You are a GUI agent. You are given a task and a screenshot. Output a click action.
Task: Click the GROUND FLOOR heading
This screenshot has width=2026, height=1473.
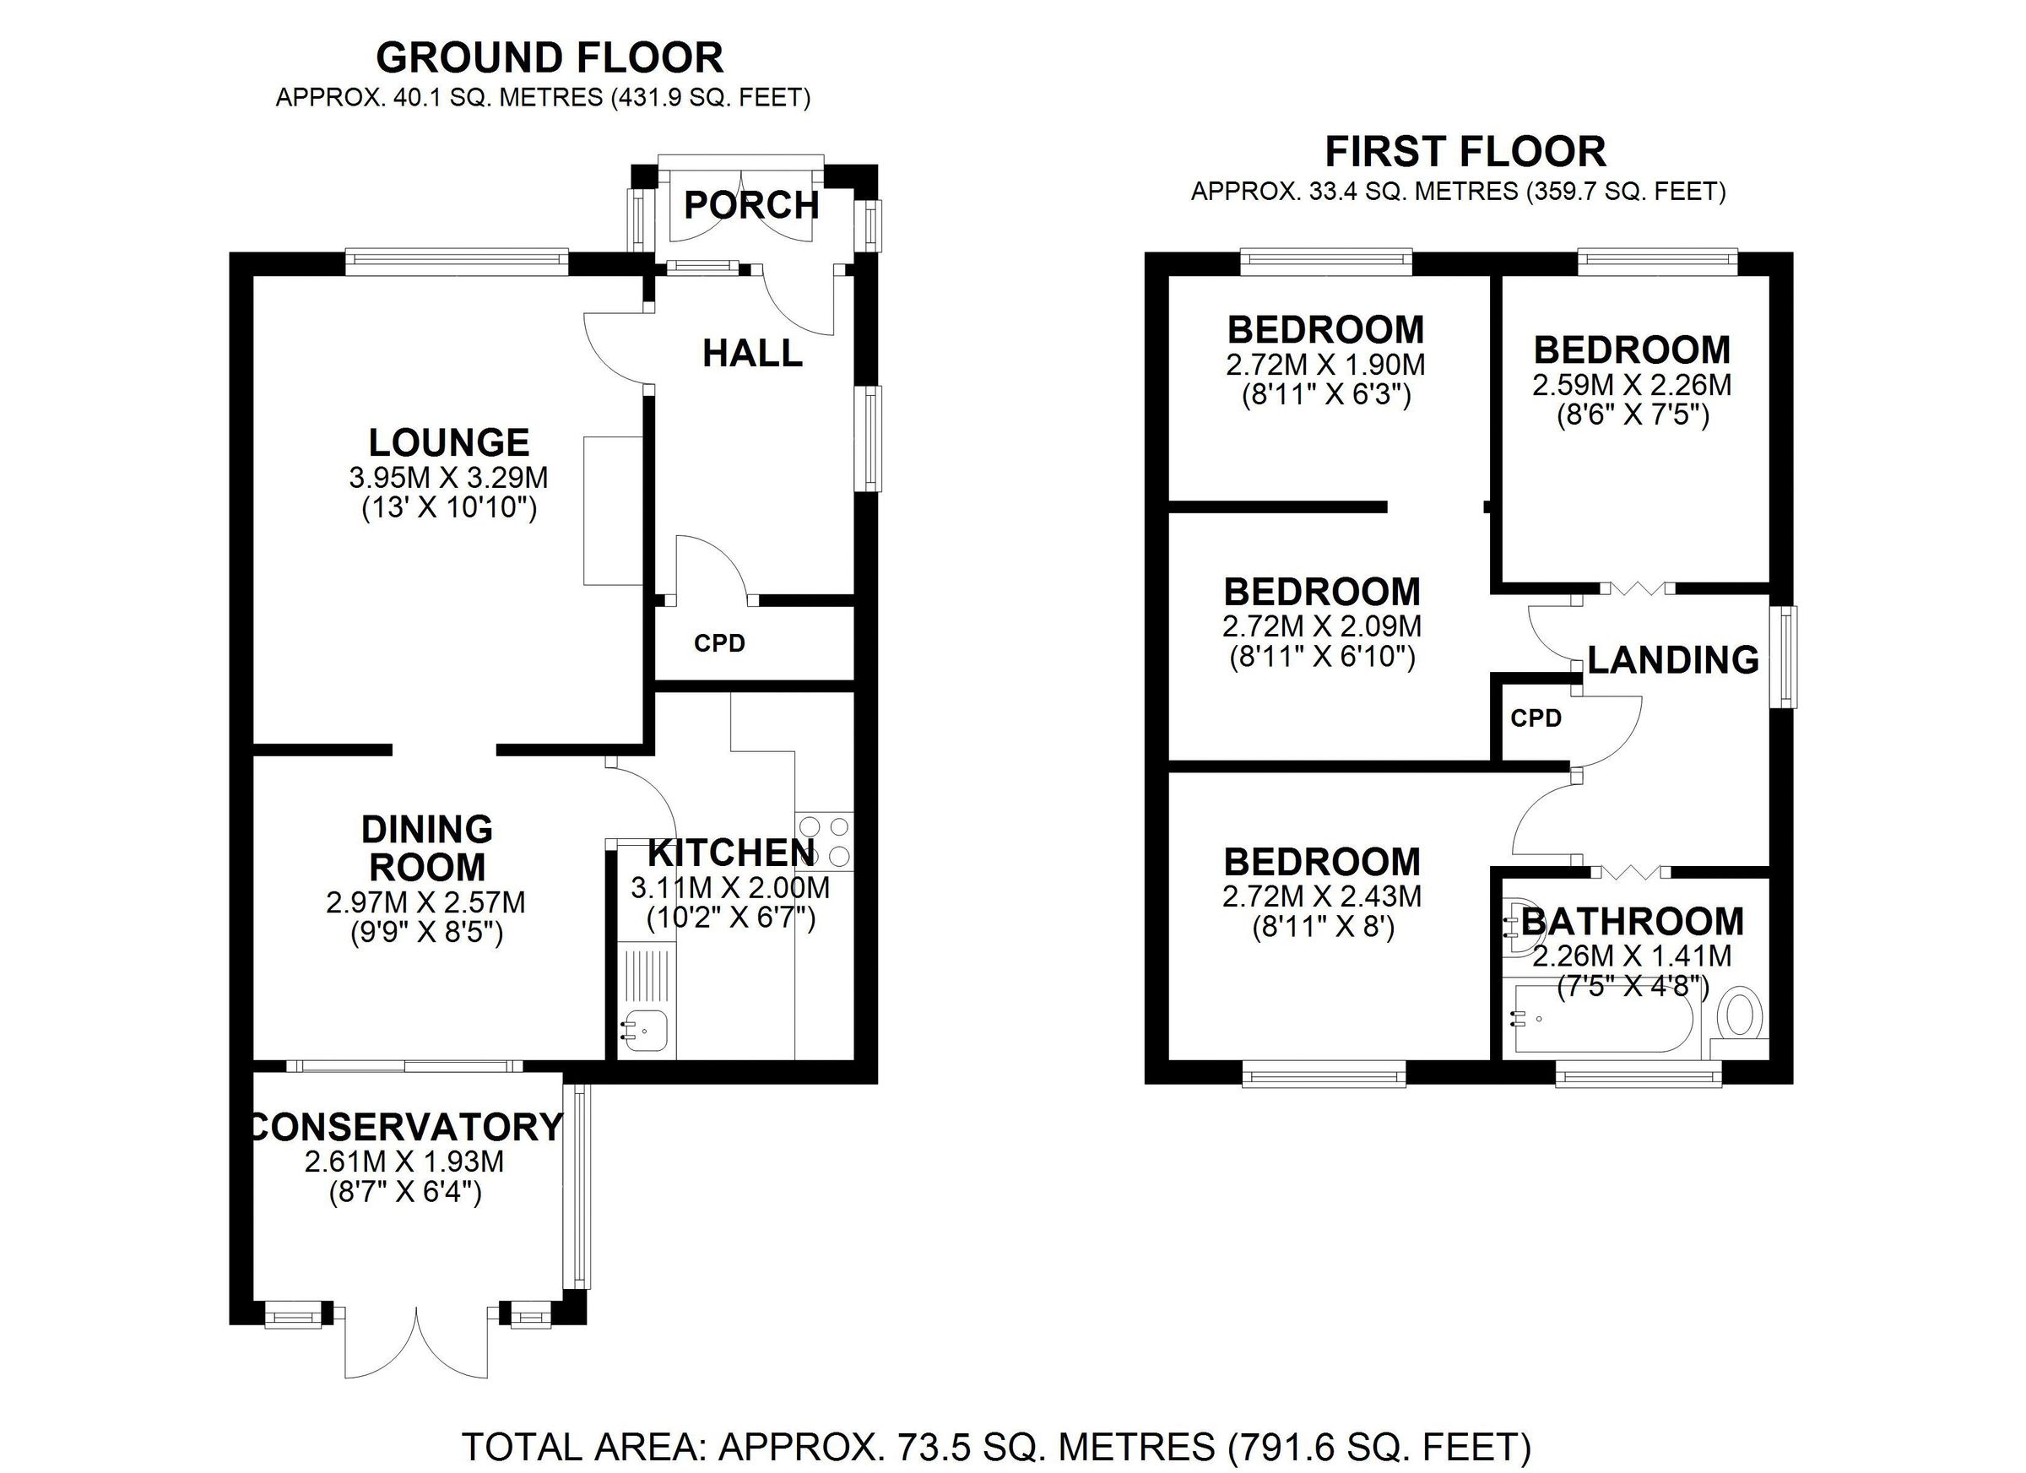point(550,58)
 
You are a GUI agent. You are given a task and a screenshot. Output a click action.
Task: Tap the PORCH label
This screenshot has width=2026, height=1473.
point(751,205)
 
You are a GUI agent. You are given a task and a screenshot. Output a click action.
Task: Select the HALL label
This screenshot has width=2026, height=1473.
point(752,354)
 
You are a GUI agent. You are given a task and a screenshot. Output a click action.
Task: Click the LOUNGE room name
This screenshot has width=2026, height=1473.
point(449,442)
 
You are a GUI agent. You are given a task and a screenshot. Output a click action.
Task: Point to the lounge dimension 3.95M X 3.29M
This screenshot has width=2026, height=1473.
point(448,478)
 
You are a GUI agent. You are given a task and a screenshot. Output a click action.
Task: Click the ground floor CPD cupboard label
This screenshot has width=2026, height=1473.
point(719,643)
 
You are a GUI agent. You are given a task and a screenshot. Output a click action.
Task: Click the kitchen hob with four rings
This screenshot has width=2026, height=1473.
point(825,841)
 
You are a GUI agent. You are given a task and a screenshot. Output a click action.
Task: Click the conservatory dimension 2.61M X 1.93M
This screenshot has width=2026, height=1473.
point(404,1162)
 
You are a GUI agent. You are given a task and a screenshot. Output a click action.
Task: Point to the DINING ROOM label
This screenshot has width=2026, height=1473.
point(428,848)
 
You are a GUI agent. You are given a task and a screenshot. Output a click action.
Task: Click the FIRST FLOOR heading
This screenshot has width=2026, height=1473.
point(1465,152)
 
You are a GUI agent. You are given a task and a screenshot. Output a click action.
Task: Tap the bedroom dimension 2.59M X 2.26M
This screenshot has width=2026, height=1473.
point(1632,385)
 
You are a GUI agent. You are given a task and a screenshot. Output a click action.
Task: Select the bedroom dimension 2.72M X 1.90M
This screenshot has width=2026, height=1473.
point(1325,365)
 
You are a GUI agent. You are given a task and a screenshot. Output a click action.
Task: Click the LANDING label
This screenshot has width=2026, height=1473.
point(1673,660)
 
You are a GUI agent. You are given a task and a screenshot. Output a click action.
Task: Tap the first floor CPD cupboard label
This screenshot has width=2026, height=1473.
point(1536,718)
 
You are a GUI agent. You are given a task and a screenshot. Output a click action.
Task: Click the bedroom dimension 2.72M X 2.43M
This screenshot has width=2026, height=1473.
point(1322,896)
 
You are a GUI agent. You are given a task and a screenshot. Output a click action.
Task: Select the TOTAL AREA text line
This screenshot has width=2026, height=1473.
point(996,1446)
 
